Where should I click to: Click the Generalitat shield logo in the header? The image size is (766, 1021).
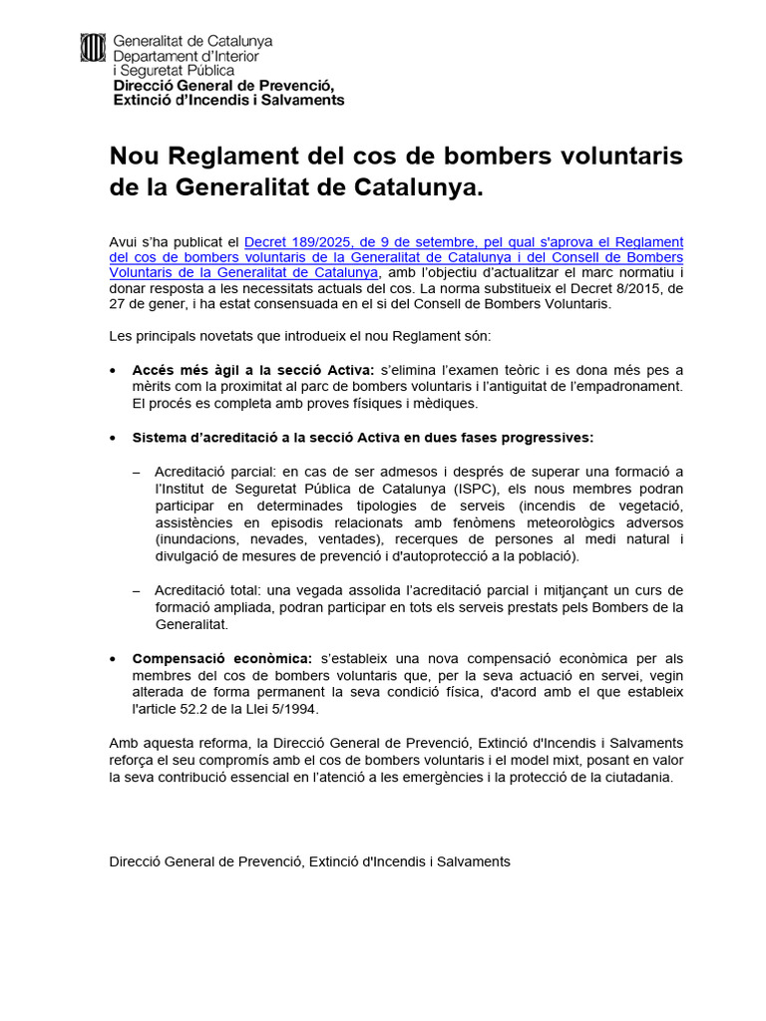click(92, 48)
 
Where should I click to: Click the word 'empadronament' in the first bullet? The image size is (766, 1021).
click(631, 386)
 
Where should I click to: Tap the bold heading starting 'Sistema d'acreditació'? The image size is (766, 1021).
click(363, 438)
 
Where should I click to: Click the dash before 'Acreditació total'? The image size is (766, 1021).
click(137, 590)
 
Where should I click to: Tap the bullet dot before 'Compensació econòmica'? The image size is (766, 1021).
click(116, 658)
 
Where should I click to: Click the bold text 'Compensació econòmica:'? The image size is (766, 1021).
click(222, 658)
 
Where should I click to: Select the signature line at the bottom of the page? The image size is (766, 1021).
click(309, 860)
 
